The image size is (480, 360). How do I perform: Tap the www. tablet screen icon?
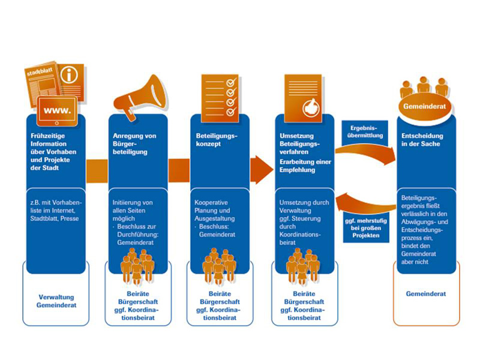pyautogui.click(x=58, y=112)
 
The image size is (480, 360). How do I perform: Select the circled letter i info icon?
pyautogui.click(x=71, y=76)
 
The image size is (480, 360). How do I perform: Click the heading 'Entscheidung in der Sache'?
pyautogui.click(x=422, y=140)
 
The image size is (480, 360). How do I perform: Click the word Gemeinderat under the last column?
pyautogui.click(x=425, y=295)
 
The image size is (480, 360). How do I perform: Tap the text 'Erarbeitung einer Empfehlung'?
pyautogui.click(x=305, y=166)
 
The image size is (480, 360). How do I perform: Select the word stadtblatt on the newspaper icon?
pyautogui.click(x=40, y=73)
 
